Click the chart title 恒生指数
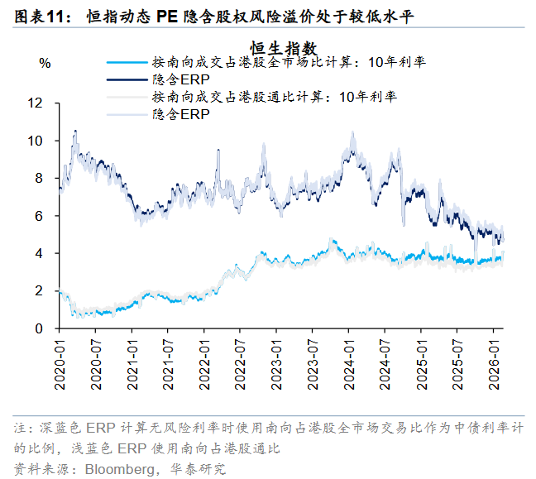click(284, 49)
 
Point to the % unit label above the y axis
click(45, 63)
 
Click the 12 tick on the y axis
click(35, 103)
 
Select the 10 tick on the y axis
click(35, 141)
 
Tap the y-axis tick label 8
click(38, 179)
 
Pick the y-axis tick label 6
click(38, 216)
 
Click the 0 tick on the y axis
click(38, 328)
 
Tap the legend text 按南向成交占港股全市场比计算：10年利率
click(289, 62)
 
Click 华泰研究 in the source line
click(196, 468)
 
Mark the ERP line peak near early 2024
click(352, 132)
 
